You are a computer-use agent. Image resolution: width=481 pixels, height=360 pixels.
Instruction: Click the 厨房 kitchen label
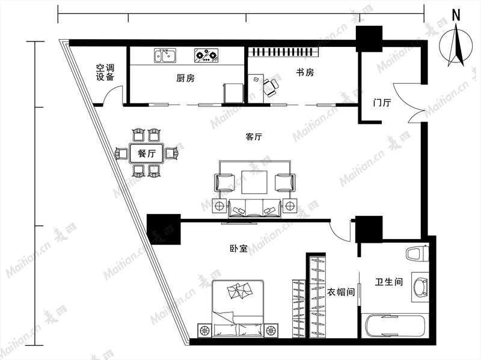[185, 78]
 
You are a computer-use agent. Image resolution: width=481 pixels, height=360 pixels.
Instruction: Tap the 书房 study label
[305, 73]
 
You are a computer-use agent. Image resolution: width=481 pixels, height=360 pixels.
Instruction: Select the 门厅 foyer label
[382, 102]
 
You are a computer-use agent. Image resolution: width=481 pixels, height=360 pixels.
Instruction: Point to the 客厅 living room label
[254, 137]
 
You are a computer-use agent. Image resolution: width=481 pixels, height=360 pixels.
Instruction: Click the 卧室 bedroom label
[239, 248]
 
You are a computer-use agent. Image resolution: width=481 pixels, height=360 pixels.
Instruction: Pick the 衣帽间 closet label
[341, 292]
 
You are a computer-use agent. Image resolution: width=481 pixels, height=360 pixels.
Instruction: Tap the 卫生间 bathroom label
[388, 281]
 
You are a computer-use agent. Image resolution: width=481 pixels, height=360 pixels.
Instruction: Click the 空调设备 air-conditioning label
[105, 72]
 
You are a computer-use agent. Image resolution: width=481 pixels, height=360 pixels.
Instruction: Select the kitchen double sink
[165, 55]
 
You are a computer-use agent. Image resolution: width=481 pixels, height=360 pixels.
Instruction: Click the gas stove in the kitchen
[206, 55]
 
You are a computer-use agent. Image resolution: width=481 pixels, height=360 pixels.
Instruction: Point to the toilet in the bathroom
[417, 254]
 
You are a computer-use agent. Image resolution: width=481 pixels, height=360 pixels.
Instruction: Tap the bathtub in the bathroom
[396, 325]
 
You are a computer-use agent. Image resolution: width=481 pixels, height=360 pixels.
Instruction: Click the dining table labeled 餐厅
[147, 153]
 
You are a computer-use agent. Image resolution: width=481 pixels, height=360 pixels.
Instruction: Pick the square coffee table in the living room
[254, 182]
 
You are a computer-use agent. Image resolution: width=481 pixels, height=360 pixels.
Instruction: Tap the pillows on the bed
[240, 290]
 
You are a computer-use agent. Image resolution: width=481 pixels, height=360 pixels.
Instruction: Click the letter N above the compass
[456, 15]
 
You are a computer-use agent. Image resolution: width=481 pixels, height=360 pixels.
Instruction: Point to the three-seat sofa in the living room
[254, 209]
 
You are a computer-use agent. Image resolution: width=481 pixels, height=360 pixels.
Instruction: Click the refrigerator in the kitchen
[234, 94]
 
